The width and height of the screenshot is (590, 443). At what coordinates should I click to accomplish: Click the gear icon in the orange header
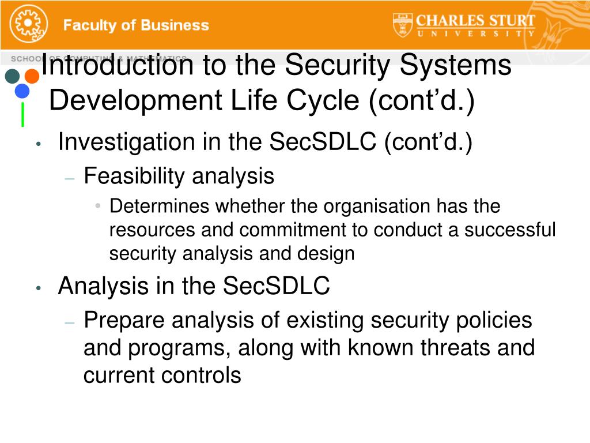click(x=26, y=25)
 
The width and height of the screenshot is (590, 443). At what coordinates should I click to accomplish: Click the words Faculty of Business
click(x=136, y=25)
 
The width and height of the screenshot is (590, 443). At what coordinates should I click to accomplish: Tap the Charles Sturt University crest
click(x=403, y=25)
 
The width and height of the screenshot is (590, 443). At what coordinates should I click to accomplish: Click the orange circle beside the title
click(x=32, y=76)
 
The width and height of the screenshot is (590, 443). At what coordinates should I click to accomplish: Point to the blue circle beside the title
click(x=22, y=91)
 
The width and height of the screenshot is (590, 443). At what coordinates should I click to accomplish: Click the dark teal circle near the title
click(x=13, y=76)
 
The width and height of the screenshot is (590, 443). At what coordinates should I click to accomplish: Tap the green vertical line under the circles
click(x=22, y=114)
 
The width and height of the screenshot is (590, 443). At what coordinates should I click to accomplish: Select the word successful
click(x=510, y=230)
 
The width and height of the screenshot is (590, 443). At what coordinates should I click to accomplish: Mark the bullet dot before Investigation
click(x=37, y=144)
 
